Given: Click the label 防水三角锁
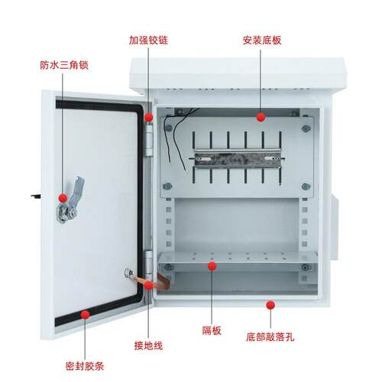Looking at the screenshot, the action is (x=64, y=65).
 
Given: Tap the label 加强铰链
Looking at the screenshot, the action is (x=148, y=40).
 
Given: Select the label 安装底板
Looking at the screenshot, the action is (x=262, y=40).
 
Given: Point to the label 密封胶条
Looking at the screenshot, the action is (x=85, y=367).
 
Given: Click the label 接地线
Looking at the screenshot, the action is (x=148, y=345).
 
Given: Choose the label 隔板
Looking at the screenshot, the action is (x=212, y=331).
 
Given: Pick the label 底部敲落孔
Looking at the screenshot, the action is (x=270, y=337).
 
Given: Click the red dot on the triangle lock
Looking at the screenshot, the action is (x=63, y=198).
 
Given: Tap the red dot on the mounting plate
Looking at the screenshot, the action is (x=261, y=117).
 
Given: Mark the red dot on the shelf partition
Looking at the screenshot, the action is (x=212, y=267).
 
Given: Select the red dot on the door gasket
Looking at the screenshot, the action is (x=86, y=315).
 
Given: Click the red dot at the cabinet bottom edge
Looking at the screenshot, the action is (x=270, y=305).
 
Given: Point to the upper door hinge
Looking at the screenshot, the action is (x=149, y=140).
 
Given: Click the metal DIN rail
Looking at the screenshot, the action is (x=238, y=159).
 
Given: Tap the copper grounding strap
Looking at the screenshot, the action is (x=153, y=282).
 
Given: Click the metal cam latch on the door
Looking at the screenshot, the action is (x=70, y=201).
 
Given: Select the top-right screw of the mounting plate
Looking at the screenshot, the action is (x=306, y=128).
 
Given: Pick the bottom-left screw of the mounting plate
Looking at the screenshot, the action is (x=167, y=186).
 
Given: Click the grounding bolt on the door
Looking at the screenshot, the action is (x=128, y=274).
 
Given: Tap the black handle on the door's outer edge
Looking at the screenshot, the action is (x=36, y=196).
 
